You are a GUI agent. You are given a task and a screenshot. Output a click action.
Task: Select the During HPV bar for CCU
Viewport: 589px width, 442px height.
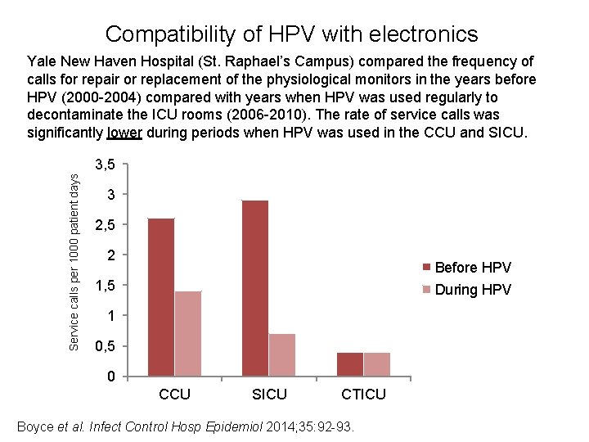tap(188, 334)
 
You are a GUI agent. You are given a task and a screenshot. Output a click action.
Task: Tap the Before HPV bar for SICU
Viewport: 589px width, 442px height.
tap(255, 288)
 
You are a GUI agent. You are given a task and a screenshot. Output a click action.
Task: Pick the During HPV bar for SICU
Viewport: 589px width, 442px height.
tap(282, 355)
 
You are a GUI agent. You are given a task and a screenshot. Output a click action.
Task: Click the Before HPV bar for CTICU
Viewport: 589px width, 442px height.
tap(350, 364)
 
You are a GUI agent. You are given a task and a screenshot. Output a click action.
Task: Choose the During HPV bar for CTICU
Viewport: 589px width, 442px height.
tap(377, 364)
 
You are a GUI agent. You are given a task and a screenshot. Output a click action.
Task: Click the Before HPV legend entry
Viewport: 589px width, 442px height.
tap(473, 268)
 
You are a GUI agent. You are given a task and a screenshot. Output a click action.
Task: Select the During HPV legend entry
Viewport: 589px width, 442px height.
tap(473, 289)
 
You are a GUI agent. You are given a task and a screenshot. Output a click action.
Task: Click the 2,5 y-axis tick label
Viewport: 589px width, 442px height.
tap(104, 225)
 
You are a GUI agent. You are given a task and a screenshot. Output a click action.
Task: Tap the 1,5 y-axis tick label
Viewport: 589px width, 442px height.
tap(104, 286)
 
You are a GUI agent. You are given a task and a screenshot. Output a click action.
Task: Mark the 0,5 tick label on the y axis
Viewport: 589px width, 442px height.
tap(104, 347)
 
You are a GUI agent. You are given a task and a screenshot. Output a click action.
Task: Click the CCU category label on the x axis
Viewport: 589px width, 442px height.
tap(174, 395)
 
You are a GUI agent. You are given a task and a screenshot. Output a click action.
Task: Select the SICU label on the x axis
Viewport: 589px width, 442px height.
tap(269, 395)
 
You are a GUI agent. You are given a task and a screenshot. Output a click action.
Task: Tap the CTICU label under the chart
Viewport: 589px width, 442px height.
tap(363, 395)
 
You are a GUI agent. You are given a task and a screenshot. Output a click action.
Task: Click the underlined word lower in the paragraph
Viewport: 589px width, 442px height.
tap(124, 133)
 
